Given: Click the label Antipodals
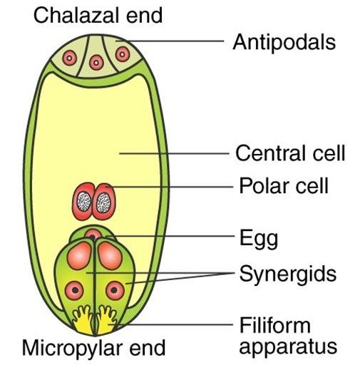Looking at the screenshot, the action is pyautogui.click(x=284, y=42).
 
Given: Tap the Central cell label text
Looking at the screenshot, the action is pyautogui.click(x=290, y=153).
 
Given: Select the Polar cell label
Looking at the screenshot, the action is pyautogui.click(x=284, y=185).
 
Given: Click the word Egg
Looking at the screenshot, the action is pyautogui.click(x=259, y=238).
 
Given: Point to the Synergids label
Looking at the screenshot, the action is pyautogui.click(x=288, y=274).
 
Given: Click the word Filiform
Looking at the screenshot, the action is pyautogui.click(x=275, y=325).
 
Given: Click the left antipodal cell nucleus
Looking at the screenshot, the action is pyautogui.click(x=70, y=58).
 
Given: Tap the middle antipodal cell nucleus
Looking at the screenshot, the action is pyautogui.click(x=96, y=63).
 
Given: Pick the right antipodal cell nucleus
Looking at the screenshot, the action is pyautogui.click(x=123, y=54).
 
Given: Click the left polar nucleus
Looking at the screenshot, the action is pyautogui.click(x=84, y=202).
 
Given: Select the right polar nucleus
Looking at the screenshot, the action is pyautogui.click(x=104, y=202).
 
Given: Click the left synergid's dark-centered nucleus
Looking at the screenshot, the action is pyautogui.click(x=75, y=290).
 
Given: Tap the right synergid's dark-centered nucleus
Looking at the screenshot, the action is pyautogui.click(x=115, y=290).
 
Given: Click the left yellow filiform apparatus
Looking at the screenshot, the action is pyautogui.click(x=83, y=321).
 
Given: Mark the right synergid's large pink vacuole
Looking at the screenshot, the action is pyautogui.click(x=110, y=255).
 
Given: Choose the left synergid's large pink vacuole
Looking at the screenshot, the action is pyautogui.click(x=79, y=255).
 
